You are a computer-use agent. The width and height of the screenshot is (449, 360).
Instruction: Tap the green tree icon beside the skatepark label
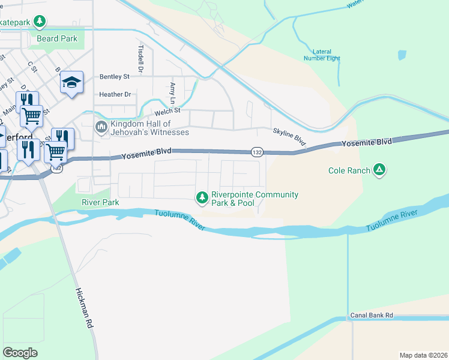pos(40,23)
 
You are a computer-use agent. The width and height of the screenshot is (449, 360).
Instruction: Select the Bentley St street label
pos(114,77)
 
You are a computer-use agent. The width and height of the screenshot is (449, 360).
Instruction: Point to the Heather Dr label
pos(115,94)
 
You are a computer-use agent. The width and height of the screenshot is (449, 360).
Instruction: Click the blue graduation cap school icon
pos(71,83)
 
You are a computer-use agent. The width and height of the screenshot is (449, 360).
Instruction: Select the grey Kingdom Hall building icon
pos(101,128)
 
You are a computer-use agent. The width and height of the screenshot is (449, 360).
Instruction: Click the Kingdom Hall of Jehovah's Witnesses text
pos(149,128)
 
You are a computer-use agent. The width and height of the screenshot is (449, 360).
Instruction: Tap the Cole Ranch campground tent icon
pos(379,170)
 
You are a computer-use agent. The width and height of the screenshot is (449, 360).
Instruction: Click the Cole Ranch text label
pos(349,171)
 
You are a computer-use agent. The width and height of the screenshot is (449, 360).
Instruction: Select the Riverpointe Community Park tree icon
pos(202,197)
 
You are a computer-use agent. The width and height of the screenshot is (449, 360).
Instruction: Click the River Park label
pos(100,202)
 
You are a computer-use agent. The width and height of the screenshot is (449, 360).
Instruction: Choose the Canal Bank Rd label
pos(372,315)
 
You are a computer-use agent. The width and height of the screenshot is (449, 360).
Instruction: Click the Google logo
pos(20,352)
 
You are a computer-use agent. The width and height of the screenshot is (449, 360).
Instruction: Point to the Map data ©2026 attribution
pos(423,355)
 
